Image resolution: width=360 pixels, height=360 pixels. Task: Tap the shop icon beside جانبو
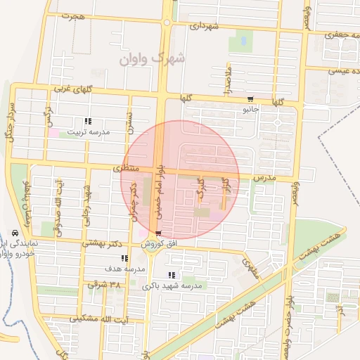(251, 99)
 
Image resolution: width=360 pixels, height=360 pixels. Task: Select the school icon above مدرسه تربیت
(88, 121)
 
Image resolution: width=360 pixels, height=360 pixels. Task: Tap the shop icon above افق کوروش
(158, 233)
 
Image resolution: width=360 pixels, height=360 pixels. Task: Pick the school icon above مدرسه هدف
(125, 259)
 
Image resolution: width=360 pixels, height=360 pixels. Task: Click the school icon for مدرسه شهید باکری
(172, 275)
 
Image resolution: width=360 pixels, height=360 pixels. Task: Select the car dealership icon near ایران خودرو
(15, 233)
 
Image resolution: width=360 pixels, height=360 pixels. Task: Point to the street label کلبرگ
(200, 188)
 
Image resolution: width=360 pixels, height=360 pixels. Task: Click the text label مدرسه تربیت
(89, 132)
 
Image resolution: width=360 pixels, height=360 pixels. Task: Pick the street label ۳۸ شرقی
(104, 285)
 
